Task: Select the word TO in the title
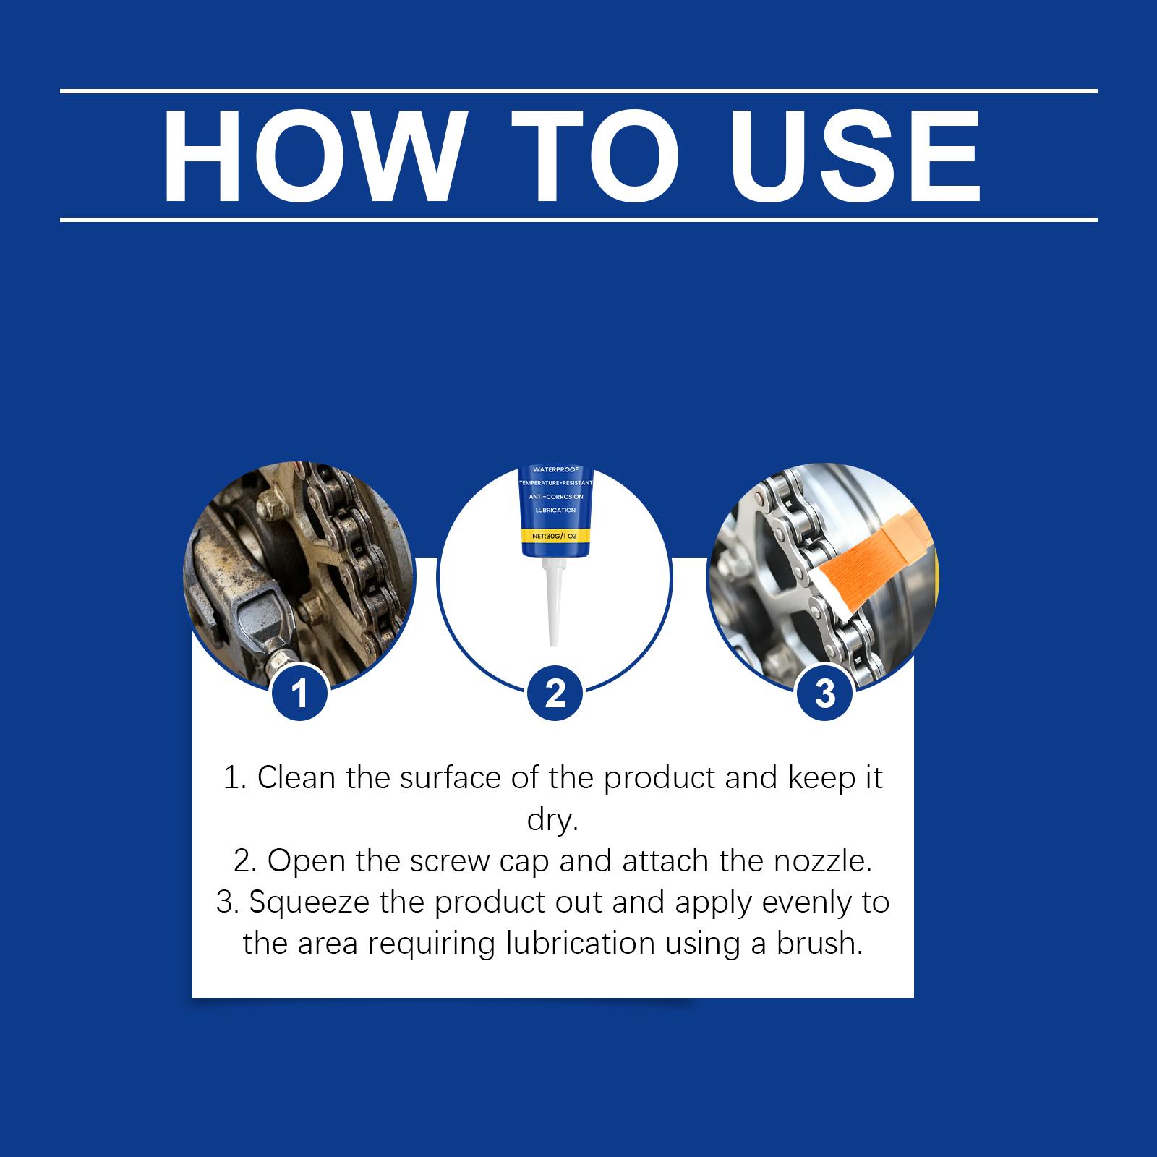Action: tap(597, 156)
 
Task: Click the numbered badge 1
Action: tap(299, 694)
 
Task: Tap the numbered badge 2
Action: tap(555, 694)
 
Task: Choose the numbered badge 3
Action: tap(824, 694)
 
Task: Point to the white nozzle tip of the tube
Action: tap(552, 642)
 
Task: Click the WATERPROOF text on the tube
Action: tap(555, 470)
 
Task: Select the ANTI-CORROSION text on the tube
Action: tap(555, 497)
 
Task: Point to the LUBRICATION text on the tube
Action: tap(555, 511)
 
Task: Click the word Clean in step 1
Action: tap(296, 778)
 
